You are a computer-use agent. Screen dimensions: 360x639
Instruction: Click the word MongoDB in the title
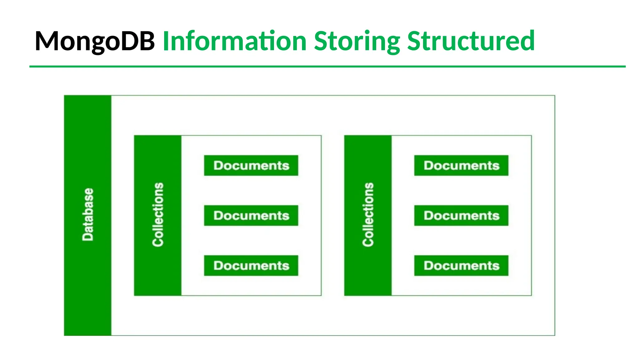click(95, 41)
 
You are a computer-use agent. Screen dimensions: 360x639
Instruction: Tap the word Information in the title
click(235, 41)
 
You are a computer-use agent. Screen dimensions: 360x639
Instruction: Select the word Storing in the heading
click(357, 41)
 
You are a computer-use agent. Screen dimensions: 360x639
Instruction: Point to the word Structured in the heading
click(471, 41)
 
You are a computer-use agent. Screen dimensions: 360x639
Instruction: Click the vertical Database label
click(88, 214)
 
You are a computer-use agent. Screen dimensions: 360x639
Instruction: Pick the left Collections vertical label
click(158, 214)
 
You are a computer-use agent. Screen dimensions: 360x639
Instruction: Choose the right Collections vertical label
click(368, 214)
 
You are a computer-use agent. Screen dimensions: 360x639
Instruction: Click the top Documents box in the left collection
click(251, 165)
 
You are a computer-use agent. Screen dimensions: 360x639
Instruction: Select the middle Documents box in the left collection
click(251, 215)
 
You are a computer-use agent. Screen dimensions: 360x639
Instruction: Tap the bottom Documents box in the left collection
click(251, 266)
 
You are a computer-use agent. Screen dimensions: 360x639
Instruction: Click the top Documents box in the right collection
click(461, 165)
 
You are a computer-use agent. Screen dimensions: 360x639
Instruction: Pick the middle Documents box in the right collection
click(461, 215)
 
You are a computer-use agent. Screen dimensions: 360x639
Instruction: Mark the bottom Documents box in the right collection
click(461, 266)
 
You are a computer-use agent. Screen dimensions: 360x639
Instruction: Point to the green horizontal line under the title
click(328, 66)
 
